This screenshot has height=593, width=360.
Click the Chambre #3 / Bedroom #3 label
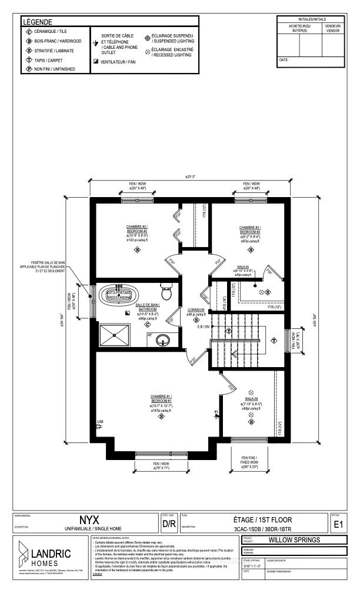[250, 229]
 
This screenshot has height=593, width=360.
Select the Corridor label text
[195, 309]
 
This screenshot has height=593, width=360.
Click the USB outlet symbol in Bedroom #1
[99, 422]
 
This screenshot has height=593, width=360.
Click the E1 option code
[338, 524]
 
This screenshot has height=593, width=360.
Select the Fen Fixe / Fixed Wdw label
[248, 458]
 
